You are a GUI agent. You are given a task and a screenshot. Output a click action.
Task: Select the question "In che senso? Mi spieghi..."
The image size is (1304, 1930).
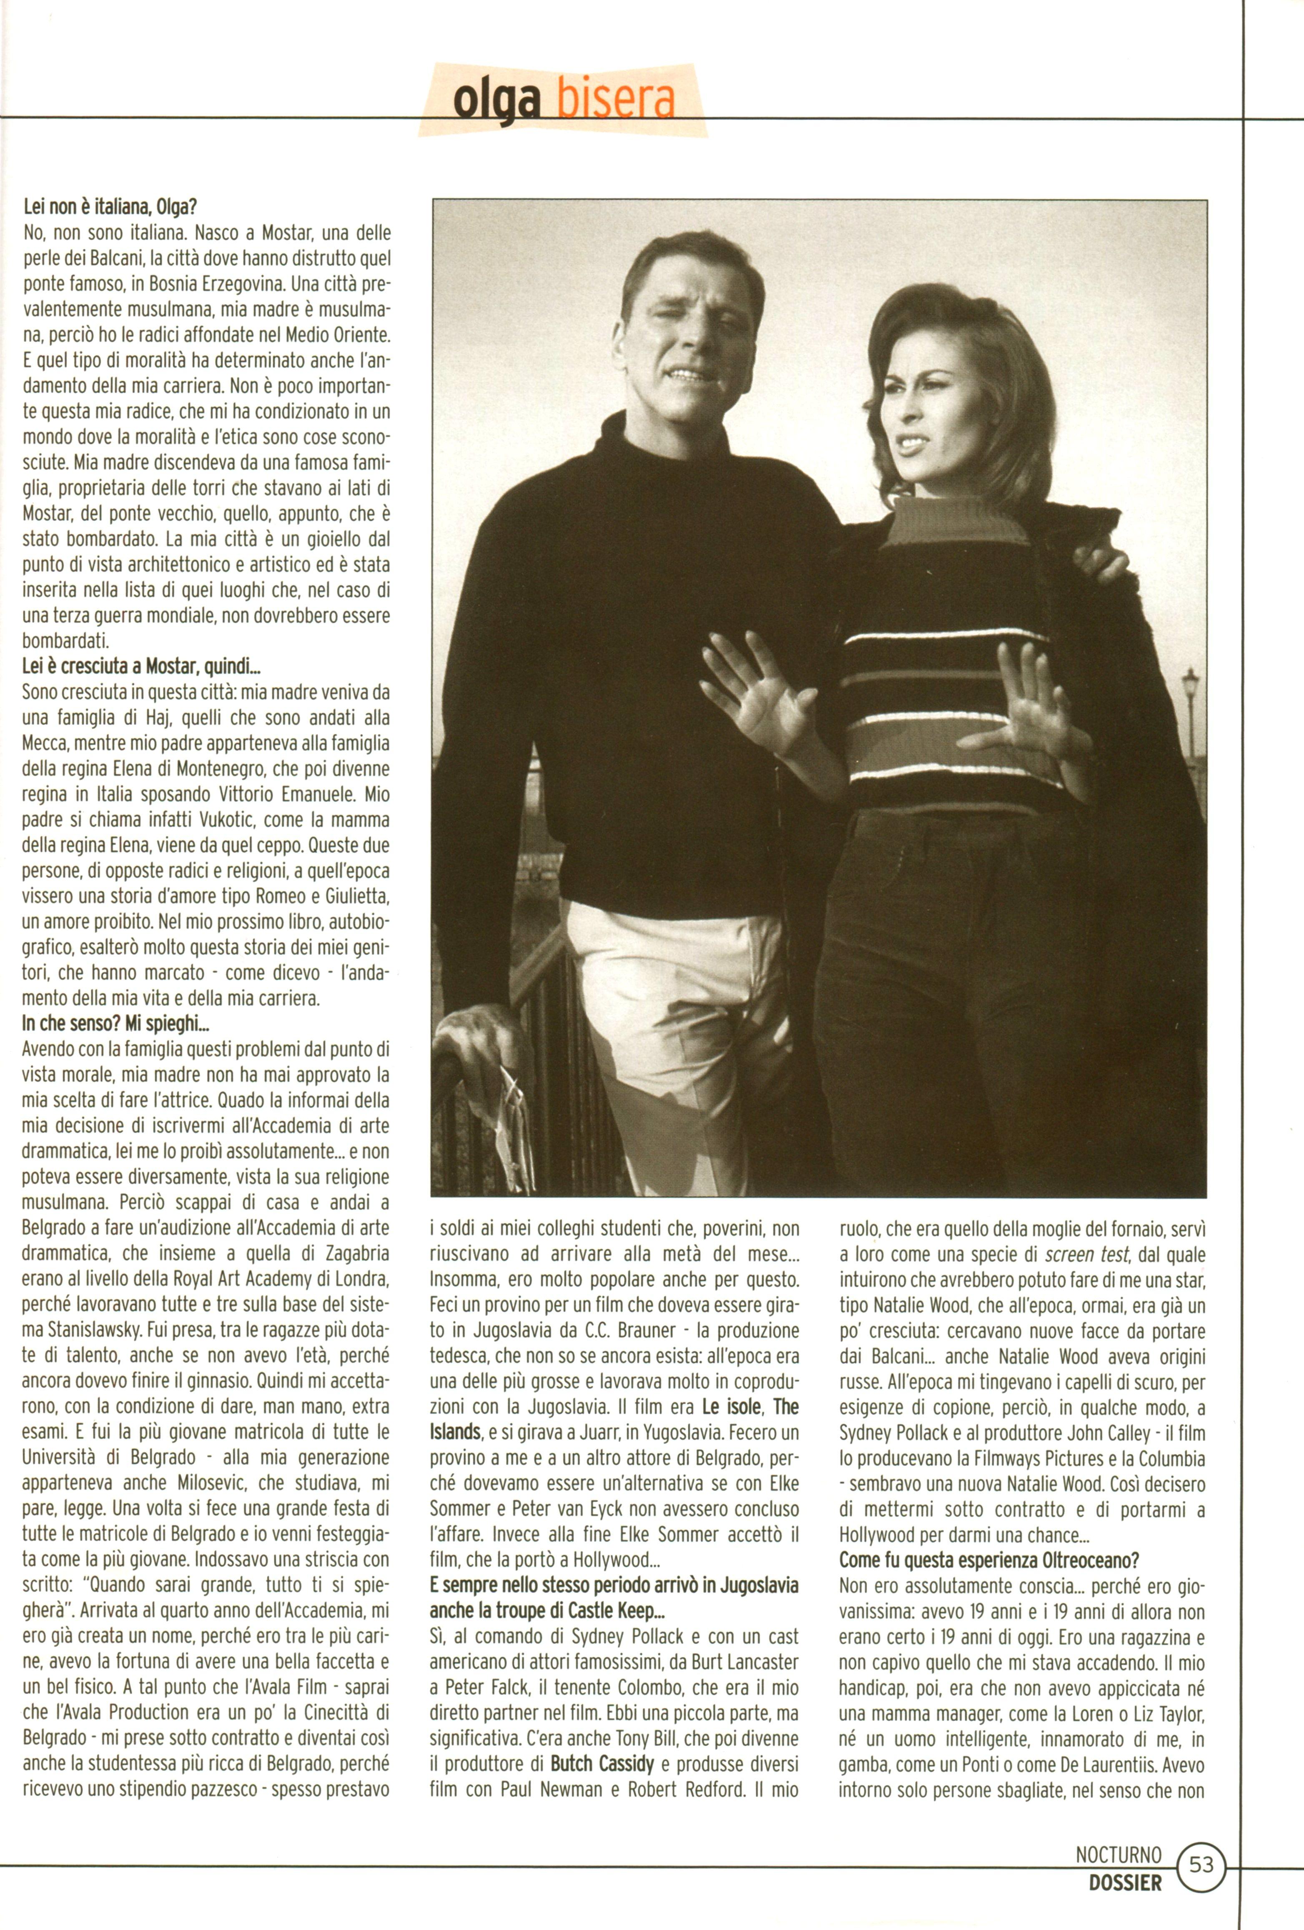click(x=115, y=1024)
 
